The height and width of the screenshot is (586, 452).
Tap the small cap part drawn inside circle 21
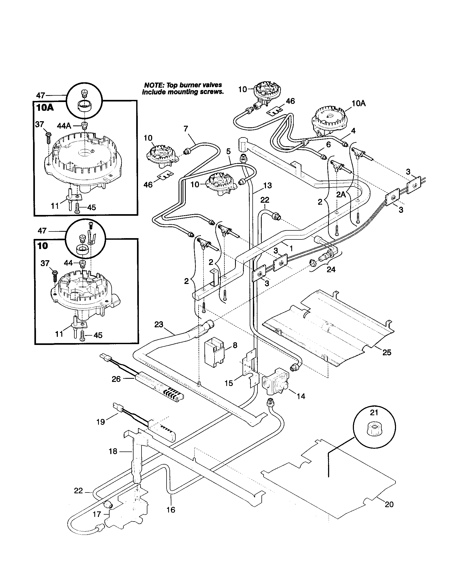click(374, 429)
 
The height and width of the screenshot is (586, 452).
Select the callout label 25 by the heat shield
click(387, 352)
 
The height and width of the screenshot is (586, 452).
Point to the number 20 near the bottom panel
click(389, 504)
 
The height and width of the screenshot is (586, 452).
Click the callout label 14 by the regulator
click(301, 396)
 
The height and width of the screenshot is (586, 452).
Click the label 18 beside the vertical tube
click(113, 451)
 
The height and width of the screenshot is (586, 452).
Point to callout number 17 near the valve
click(97, 514)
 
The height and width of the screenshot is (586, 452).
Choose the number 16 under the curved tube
click(171, 510)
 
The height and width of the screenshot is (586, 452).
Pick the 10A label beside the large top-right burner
click(359, 104)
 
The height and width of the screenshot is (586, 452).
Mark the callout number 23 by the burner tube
click(159, 325)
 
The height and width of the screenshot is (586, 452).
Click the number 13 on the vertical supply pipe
click(267, 185)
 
